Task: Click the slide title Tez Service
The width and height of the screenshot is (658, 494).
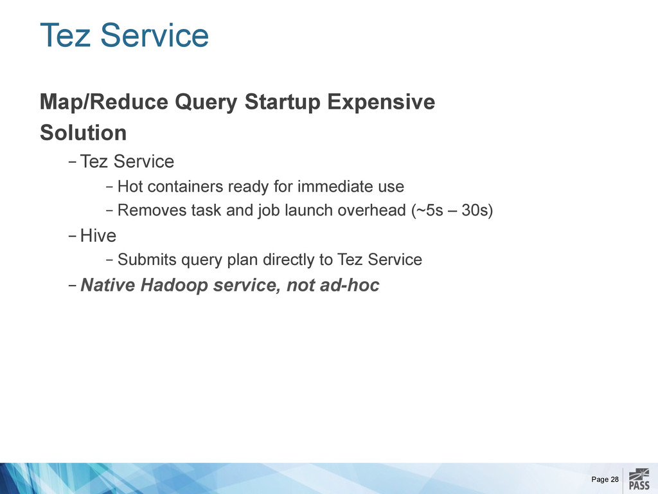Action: [124, 35]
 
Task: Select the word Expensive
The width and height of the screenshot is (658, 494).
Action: [381, 102]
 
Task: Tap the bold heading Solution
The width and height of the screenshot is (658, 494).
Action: [83, 133]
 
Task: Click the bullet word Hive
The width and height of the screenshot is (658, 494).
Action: [98, 235]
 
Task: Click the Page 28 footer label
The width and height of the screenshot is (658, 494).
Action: [605, 479]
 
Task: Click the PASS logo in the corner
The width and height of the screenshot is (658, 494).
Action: [639, 480]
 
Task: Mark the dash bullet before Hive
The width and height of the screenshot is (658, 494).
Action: [72, 236]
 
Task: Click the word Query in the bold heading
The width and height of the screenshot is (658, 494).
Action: [206, 103]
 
